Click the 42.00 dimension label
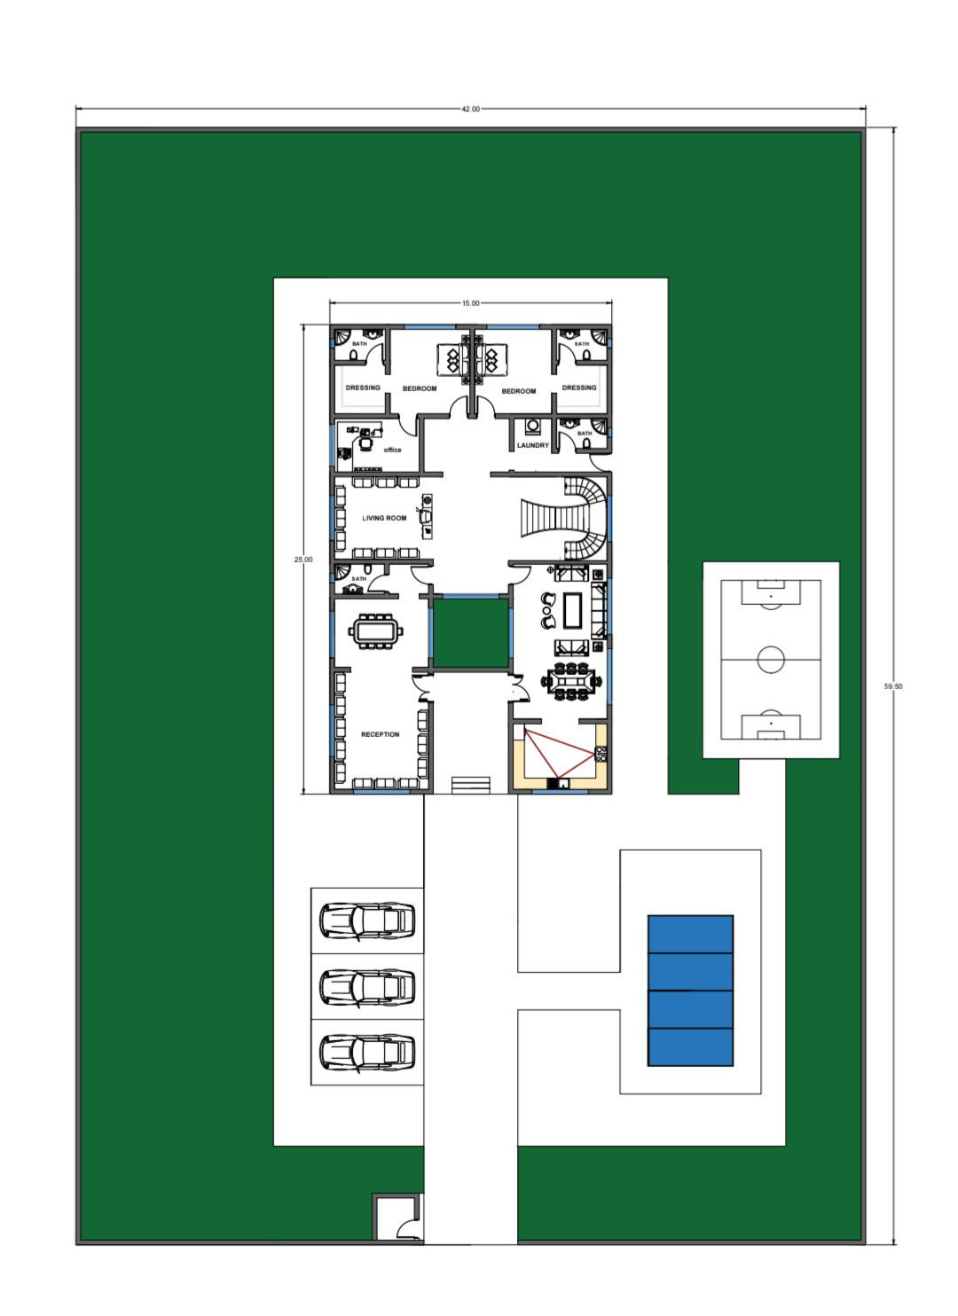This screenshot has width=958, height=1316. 470,109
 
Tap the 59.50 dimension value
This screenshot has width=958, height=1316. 892,685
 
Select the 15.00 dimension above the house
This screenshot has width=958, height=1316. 470,303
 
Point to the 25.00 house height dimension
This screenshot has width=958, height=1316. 303,560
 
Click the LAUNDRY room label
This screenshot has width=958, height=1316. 532,445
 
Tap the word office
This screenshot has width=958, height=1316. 392,450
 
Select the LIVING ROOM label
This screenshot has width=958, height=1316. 384,518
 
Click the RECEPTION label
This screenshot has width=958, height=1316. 380,733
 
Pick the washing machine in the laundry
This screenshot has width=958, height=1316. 532,425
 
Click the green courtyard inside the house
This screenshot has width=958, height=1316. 470,633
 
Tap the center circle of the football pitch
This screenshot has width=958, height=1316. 770,659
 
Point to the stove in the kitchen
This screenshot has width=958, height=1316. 600,753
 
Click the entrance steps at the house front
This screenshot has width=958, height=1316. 470,784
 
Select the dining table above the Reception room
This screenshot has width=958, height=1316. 376,631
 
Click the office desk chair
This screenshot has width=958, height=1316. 365,443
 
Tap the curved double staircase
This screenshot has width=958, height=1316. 564,518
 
